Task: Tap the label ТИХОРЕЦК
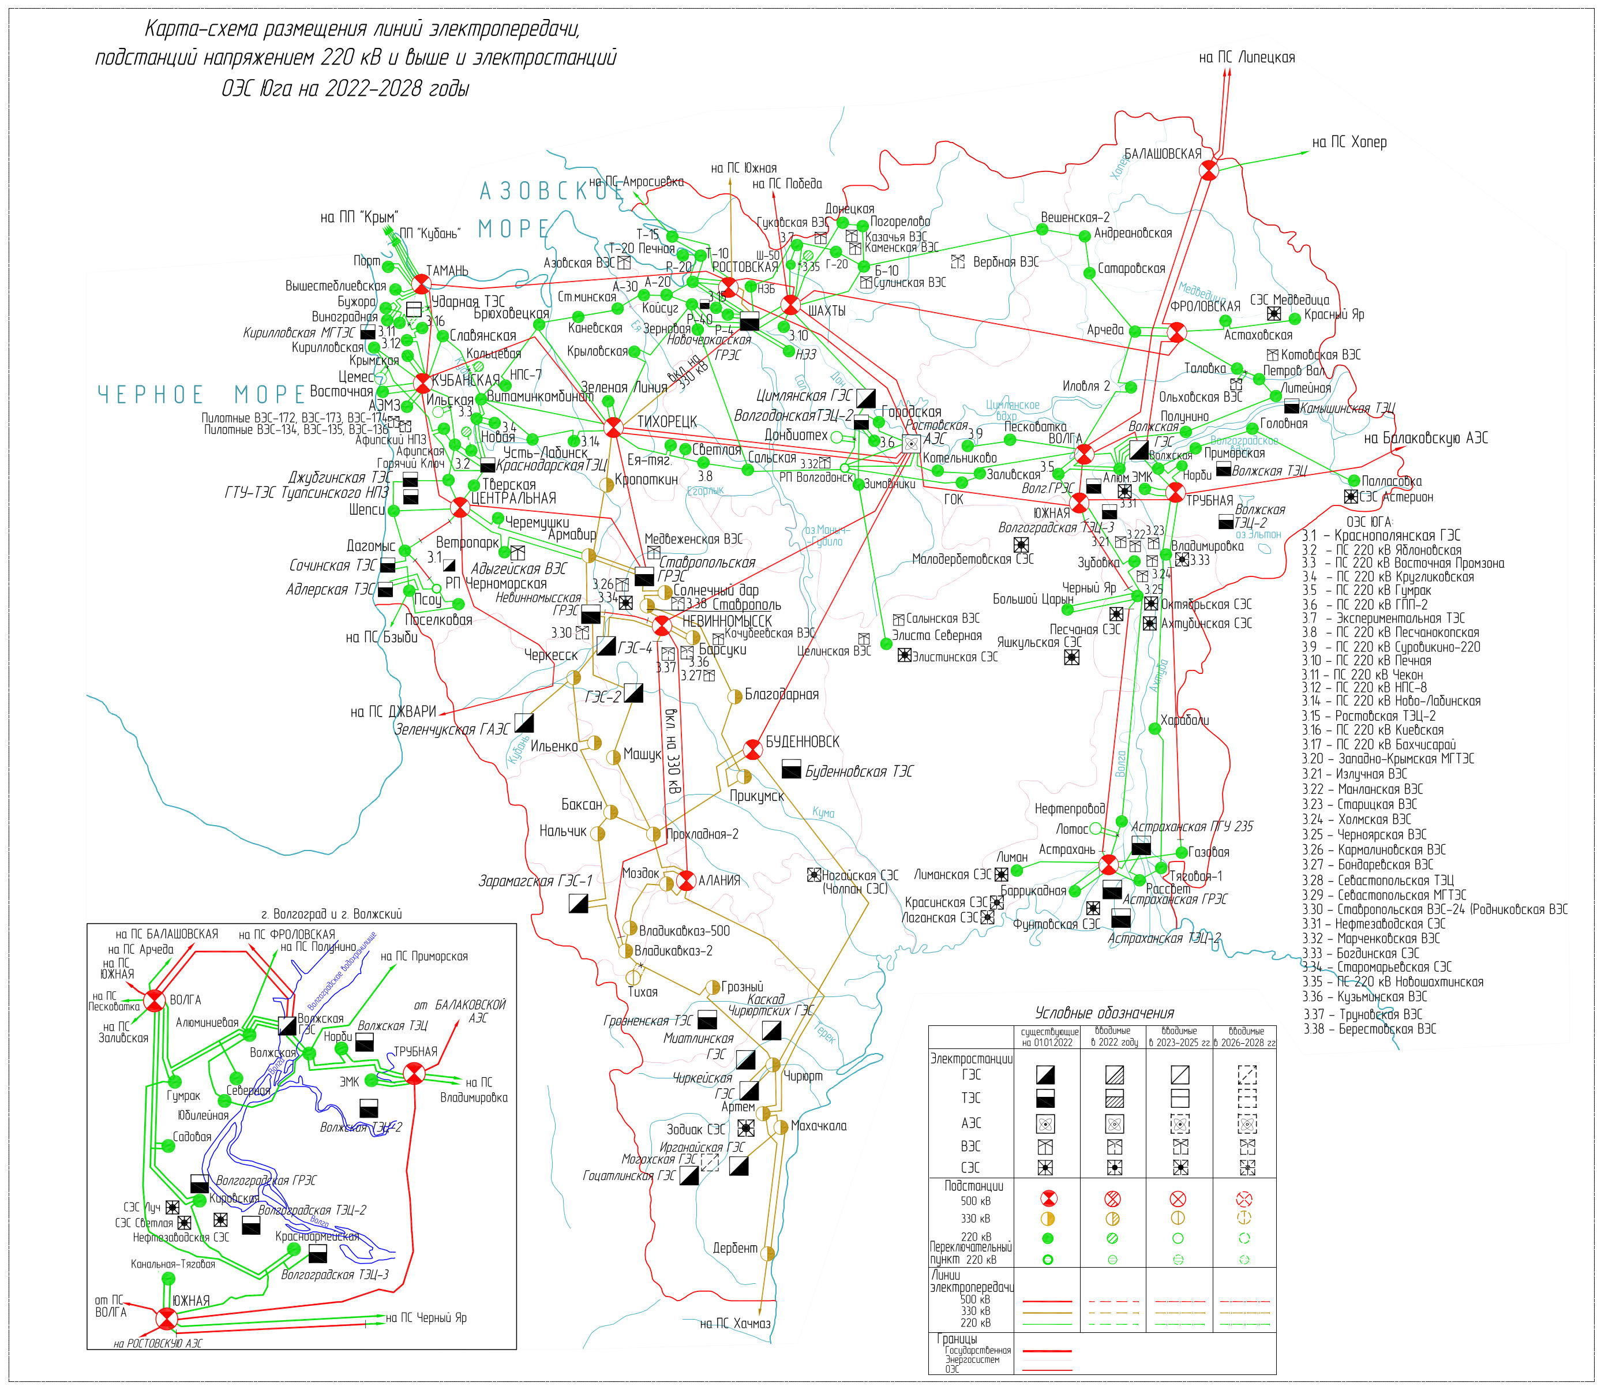click(x=667, y=421)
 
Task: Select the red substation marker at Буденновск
click(x=752, y=750)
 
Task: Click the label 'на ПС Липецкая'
click(x=1247, y=57)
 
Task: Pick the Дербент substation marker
click(x=768, y=1253)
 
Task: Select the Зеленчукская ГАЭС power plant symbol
click(x=524, y=723)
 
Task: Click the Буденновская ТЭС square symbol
click(x=791, y=769)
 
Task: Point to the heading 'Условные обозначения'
click(x=1105, y=1013)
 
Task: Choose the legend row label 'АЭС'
click(x=971, y=1123)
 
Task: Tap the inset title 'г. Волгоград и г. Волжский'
click(x=332, y=915)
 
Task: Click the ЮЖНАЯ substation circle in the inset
click(x=167, y=1318)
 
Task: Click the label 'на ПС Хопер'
click(x=1349, y=143)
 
